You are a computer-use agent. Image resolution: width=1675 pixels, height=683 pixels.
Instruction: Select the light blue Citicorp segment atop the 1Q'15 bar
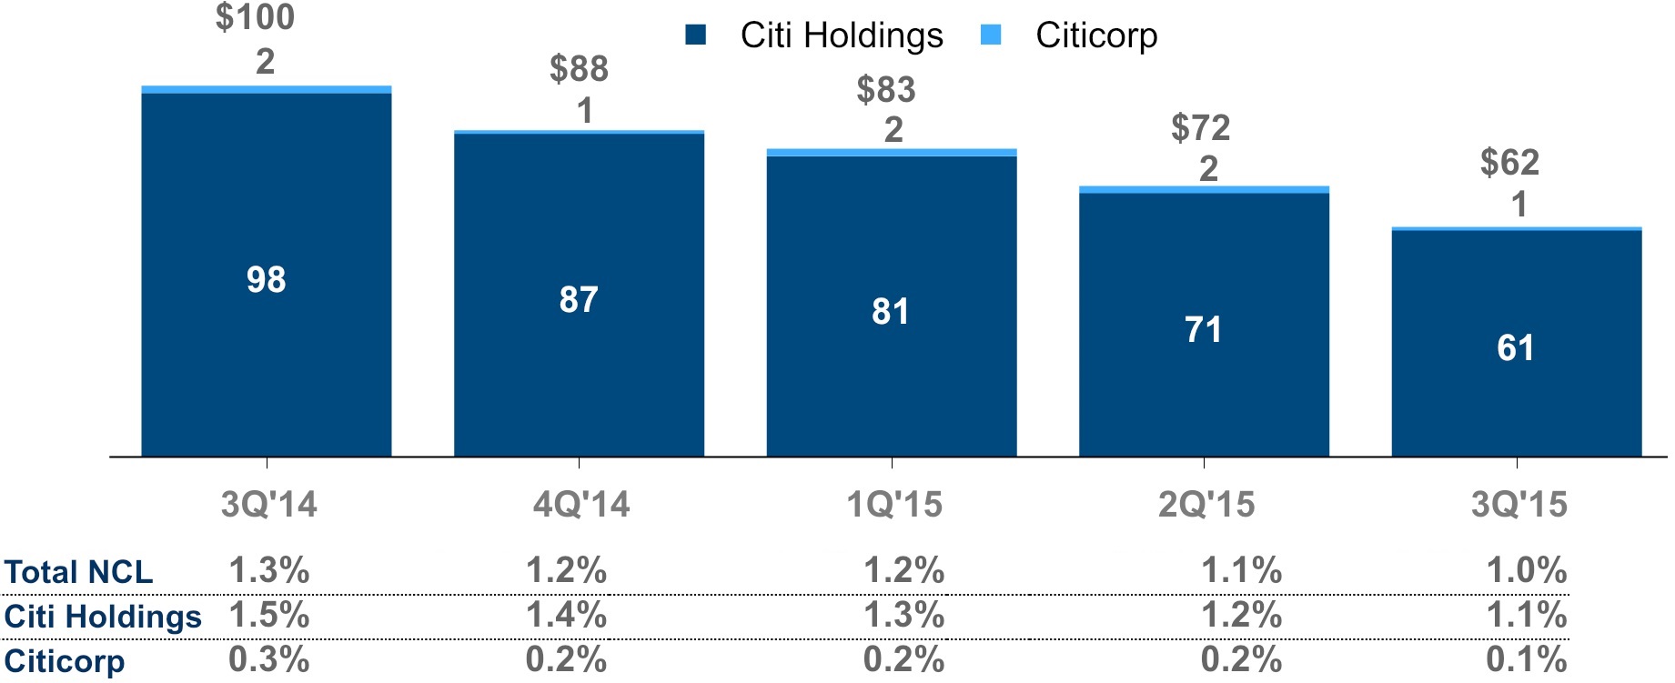tap(891, 152)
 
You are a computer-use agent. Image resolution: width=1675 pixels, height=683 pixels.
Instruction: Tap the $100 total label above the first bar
tap(256, 17)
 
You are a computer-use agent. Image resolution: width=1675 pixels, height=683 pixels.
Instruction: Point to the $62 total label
tap(1509, 163)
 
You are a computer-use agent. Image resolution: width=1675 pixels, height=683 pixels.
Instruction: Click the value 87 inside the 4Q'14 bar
tap(579, 299)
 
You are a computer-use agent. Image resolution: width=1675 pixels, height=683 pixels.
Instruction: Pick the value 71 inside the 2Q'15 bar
tap(1203, 329)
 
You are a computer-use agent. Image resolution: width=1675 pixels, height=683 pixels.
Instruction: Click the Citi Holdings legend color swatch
tap(695, 35)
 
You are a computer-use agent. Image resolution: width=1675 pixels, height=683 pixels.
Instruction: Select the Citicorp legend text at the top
tap(1096, 35)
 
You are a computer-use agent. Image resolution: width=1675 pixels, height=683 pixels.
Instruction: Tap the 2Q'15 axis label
tap(1206, 504)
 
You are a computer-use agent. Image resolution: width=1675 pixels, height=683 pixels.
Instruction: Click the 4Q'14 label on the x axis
tap(581, 504)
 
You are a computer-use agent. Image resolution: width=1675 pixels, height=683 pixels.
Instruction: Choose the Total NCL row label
tap(78, 572)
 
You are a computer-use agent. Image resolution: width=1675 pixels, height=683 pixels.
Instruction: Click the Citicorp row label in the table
tap(64, 660)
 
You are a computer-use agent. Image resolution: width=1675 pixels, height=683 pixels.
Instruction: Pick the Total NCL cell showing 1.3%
tap(268, 571)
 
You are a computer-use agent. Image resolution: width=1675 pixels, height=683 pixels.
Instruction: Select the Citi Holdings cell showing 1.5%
tap(268, 616)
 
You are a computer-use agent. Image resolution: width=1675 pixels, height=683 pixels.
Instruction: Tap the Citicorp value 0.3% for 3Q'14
tap(268, 659)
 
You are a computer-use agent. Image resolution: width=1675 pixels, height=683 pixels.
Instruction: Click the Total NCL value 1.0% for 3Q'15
tap(1526, 571)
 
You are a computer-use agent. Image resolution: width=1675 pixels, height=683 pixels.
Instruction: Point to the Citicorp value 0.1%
tap(1526, 659)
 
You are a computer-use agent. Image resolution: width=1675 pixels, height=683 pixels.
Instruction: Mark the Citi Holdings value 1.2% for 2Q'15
tap(1241, 616)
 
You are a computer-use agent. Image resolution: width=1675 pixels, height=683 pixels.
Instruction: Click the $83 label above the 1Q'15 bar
tap(885, 90)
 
